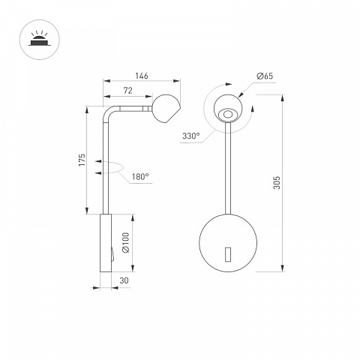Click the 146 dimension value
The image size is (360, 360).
point(142,76)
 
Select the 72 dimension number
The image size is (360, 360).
point(127,91)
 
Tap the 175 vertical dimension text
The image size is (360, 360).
point(82,160)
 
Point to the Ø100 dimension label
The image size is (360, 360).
point(126,243)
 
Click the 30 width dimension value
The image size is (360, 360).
point(124,280)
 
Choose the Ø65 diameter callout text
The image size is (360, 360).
point(265,76)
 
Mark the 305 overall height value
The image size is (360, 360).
point(277,182)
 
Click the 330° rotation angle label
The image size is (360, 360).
point(191,136)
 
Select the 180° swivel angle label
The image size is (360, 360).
point(140,177)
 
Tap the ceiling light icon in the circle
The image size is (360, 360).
point(40,40)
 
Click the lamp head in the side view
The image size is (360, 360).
point(166,109)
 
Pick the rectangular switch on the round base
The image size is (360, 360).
point(228,254)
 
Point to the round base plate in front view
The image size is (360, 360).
point(228,243)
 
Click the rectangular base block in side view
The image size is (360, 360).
point(106,243)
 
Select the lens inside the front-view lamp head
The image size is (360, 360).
point(227,115)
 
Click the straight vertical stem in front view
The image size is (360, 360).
point(228,168)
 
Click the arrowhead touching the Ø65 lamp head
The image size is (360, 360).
point(241,95)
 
